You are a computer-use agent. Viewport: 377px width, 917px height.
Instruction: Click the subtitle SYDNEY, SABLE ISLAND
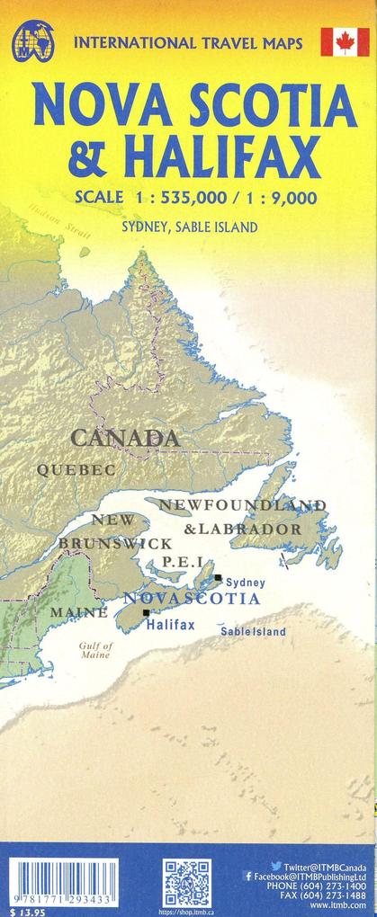(189, 227)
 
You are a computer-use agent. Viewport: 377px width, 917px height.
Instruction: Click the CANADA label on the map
(125, 438)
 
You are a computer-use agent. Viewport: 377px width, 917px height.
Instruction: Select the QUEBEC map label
(76, 469)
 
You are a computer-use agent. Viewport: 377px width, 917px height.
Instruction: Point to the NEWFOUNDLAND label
(242, 504)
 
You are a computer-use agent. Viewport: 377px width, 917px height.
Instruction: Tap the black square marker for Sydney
(218, 578)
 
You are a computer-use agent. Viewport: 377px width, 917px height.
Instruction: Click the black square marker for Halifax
(147, 612)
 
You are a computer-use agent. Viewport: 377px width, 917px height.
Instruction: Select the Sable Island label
(253, 632)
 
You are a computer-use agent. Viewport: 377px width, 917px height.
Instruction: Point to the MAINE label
(78, 612)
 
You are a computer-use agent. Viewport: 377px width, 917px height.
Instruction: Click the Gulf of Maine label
(95, 650)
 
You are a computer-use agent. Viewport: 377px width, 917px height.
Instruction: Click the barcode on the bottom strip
(62, 882)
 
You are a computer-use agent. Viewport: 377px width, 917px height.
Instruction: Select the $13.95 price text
(23, 911)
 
